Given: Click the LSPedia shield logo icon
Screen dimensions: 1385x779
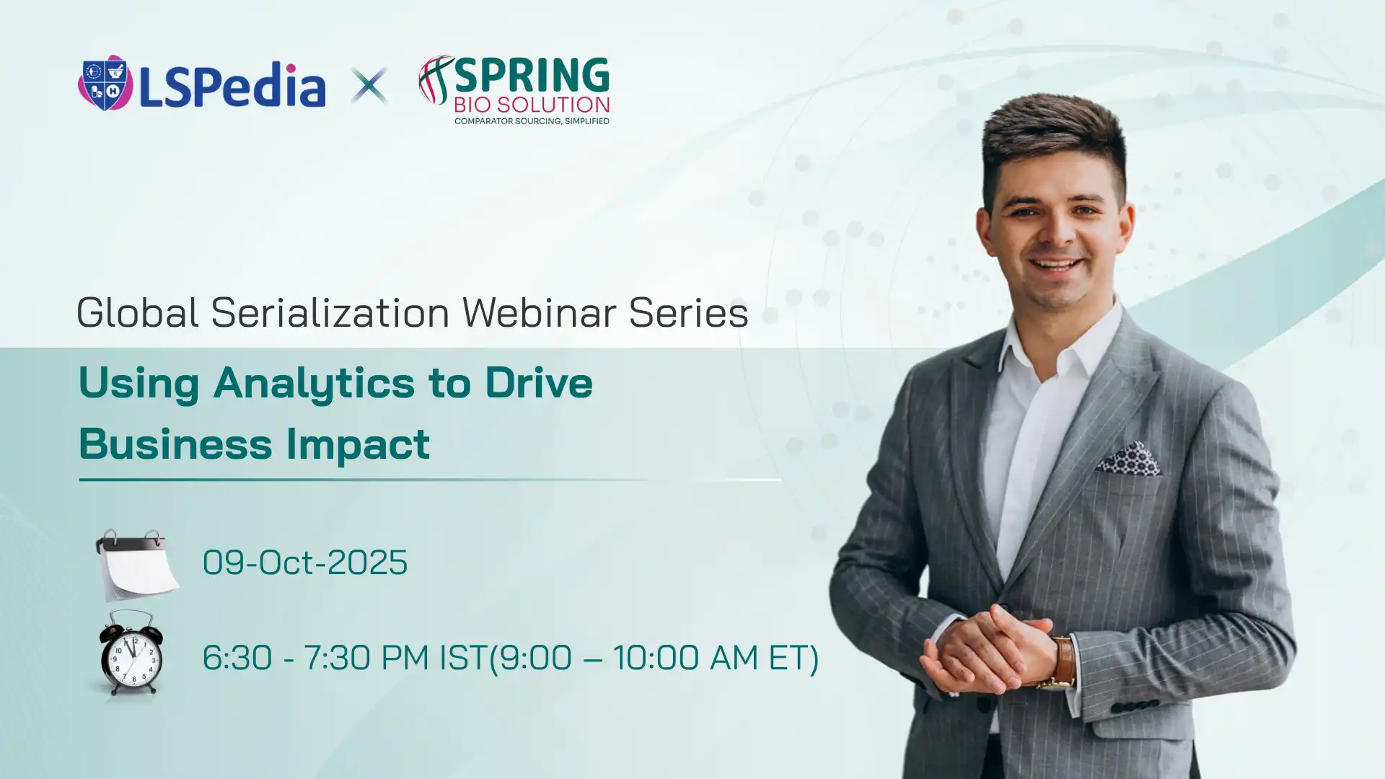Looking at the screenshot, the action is pyautogui.click(x=105, y=83).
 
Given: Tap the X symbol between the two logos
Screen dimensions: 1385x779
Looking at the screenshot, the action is pyautogui.click(x=369, y=85).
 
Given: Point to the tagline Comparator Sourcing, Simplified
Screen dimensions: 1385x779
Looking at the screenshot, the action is pyautogui.click(x=532, y=120).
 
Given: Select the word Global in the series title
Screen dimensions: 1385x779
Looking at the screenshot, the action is pyautogui.click(x=137, y=312).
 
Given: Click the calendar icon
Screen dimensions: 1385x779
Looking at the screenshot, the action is pyautogui.click(x=137, y=565).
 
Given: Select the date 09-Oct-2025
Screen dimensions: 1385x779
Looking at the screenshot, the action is pyautogui.click(x=305, y=563).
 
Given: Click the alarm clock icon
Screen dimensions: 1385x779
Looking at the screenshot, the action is pyautogui.click(x=130, y=653).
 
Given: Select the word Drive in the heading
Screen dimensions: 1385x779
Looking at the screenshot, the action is pyautogui.click(x=539, y=382).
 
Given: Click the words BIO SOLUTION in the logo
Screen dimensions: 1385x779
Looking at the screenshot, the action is pyautogui.click(x=532, y=105).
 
